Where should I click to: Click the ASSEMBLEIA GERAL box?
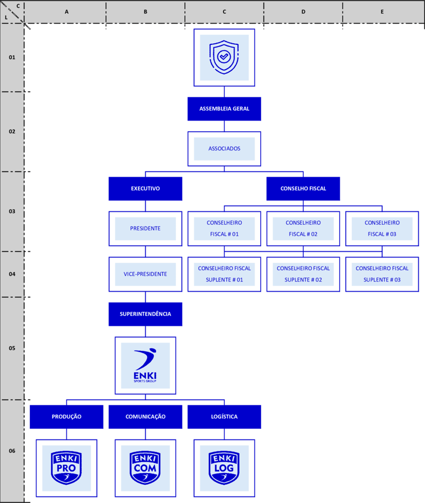point(224,109)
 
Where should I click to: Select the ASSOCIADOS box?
point(224,149)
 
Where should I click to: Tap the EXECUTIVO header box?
point(145,189)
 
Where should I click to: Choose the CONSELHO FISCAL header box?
point(303,189)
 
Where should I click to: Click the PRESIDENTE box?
point(145,229)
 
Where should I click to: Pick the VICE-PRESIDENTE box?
point(145,274)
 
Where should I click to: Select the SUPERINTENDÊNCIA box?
point(145,314)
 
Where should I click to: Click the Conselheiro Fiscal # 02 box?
point(303,229)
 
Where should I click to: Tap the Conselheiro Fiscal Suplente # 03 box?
point(382,274)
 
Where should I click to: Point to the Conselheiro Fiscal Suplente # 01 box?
point(224,274)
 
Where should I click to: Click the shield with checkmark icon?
point(224,57)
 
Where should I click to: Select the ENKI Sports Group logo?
point(145,365)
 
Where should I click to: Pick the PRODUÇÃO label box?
point(66,417)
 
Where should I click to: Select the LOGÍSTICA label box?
point(224,417)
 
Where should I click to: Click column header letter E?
point(382,11)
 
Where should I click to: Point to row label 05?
point(12,348)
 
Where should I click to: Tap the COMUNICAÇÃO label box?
point(145,417)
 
